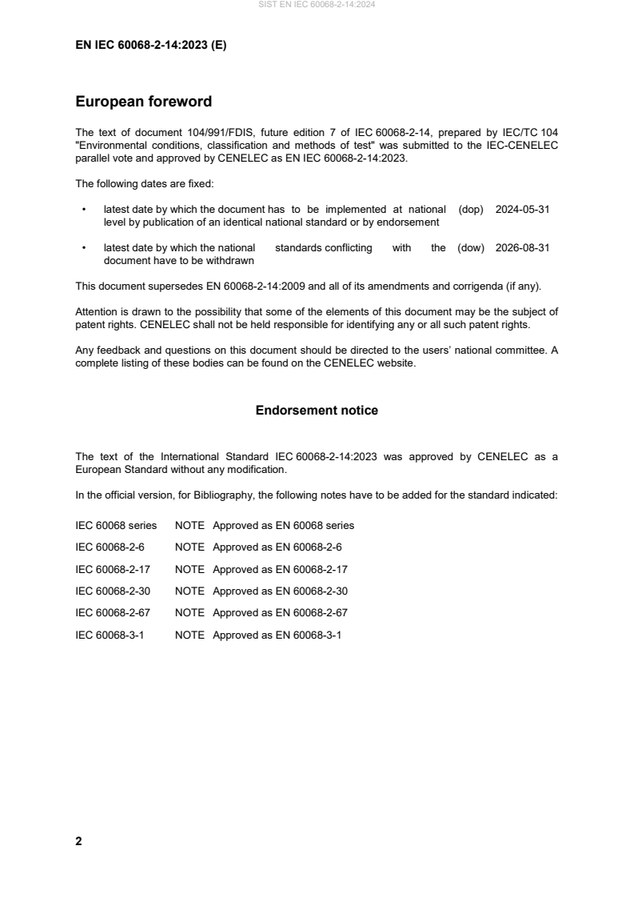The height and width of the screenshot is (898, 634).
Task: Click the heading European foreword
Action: coord(143,102)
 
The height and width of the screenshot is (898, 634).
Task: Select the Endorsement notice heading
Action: coord(317,411)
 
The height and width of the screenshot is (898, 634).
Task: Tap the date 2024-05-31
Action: coord(522,209)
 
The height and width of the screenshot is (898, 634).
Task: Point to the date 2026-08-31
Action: coord(522,248)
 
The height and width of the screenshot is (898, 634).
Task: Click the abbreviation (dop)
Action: coord(472,209)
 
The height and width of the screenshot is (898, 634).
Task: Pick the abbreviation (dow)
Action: coord(471,248)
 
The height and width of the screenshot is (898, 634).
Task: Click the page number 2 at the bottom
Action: coord(78,841)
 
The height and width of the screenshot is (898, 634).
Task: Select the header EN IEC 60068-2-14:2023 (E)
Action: coord(150,46)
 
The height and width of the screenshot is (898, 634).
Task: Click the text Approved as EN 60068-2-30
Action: coord(280,591)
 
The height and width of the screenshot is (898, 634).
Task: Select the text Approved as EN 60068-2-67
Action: coord(280,613)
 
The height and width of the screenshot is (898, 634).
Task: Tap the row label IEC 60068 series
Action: coord(116,526)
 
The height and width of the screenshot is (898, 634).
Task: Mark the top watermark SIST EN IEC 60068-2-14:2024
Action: coord(317,5)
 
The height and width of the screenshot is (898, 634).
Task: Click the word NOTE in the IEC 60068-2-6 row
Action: coord(189,547)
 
